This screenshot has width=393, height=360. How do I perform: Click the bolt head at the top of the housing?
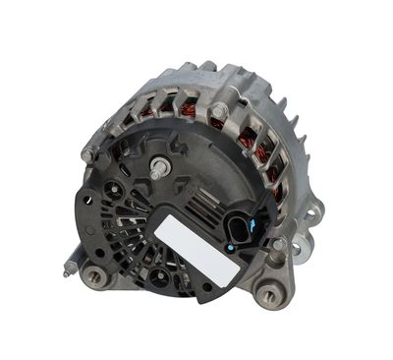(x=218, y=111)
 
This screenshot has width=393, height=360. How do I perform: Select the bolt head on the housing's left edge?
(x=89, y=153)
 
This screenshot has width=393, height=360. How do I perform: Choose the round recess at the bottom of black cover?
(x=157, y=277)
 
